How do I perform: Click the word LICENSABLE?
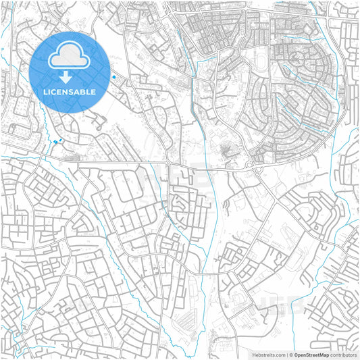pos(70,91)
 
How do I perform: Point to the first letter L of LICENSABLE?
pos(45,91)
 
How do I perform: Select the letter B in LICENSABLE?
pos(84,91)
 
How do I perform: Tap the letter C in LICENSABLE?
pos(54,91)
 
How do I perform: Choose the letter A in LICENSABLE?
pos(78,91)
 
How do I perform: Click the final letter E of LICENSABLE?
pos(94,91)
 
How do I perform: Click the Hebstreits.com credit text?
pos(269,354)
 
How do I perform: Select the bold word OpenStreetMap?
pos(311,354)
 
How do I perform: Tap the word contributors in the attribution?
pos(342,354)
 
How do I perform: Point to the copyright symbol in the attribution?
pos(291,354)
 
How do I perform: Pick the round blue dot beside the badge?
pos(113,77)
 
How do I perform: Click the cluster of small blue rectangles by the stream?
pos(56,141)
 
